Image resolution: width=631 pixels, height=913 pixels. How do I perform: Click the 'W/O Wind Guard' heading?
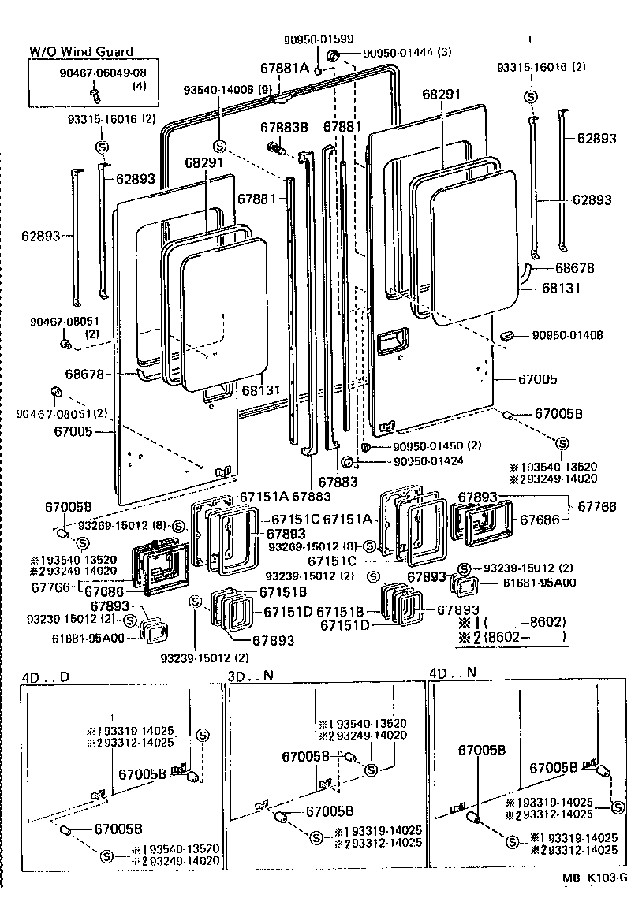coord(81,51)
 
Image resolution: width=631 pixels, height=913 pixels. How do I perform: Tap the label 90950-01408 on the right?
coord(562,335)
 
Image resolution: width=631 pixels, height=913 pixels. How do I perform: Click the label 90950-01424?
coord(429,462)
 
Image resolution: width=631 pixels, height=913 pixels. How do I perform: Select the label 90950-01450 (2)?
coord(436,446)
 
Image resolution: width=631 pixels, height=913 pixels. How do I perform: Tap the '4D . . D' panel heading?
coord(46,676)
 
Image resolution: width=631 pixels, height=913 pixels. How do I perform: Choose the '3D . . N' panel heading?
coord(252,676)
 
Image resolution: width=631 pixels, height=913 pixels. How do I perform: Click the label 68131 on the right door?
coord(561,289)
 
